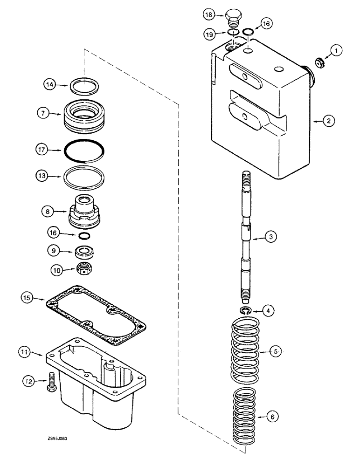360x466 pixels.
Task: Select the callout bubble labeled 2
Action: click(x=328, y=121)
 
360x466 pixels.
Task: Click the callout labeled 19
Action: click(x=210, y=33)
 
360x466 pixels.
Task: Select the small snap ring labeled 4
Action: click(x=246, y=311)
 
